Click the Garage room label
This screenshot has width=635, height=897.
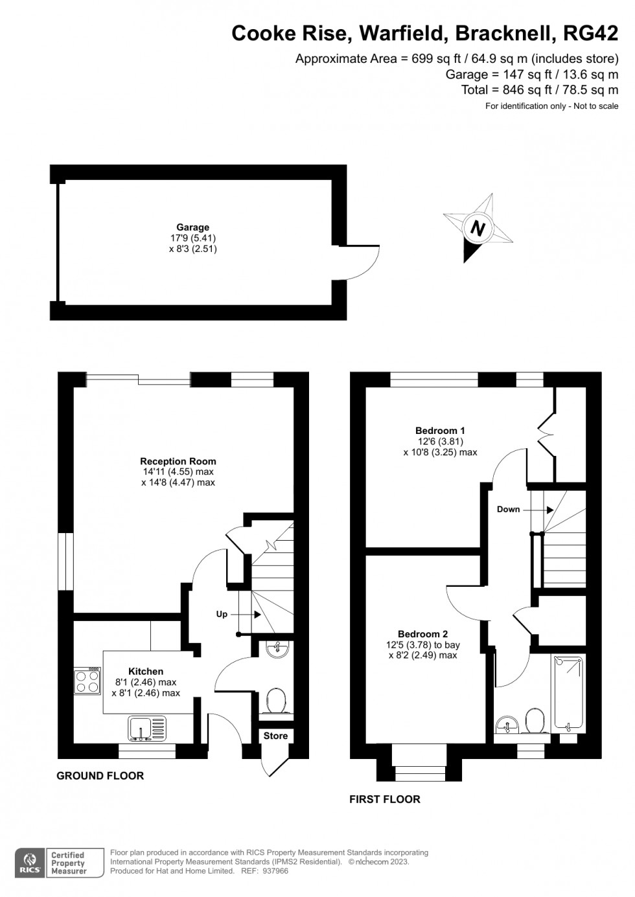click(192, 227)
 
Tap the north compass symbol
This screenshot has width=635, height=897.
click(478, 227)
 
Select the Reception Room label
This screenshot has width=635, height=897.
click(178, 461)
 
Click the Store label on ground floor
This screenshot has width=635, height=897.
click(275, 736)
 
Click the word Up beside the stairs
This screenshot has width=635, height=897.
click(222, 614)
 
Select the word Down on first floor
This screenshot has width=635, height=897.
click(508, 509)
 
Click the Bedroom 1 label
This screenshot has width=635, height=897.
click(440, 430)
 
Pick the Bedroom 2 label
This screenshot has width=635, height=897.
click(422, 634)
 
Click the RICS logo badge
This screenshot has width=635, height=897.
click(30, 863)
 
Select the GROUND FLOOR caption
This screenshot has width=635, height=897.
click(100, 775)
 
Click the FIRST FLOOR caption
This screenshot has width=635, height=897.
click(384, 799)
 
